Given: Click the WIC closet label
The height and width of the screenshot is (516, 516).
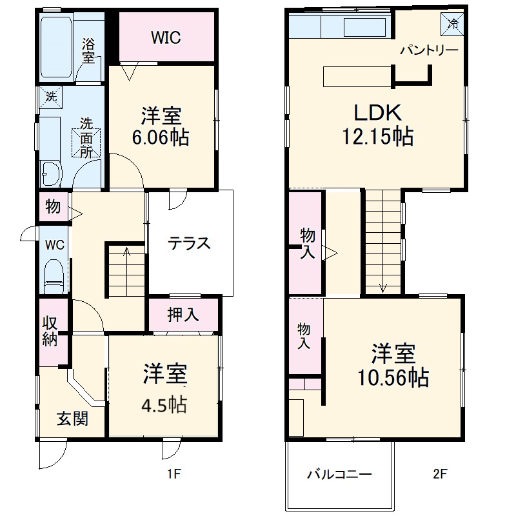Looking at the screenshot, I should click(x=166, y=37).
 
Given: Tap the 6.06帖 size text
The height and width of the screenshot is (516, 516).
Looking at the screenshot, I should click(x=161, y=137).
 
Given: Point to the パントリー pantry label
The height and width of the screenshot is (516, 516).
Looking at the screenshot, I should click(x=429, y=50).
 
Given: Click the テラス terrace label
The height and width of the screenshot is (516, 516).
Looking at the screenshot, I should click(x=189, y=244).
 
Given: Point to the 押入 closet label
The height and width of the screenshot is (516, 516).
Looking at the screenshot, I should click(x=183, y=315).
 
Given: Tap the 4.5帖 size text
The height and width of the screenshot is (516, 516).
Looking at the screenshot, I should click(x=164, y=404).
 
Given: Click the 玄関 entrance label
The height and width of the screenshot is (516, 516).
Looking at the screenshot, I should click(x=72, y=419).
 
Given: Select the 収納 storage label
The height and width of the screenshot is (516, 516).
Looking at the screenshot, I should click(x=50, y=332).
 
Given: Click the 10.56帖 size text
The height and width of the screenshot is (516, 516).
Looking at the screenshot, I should click(x=393, y=378).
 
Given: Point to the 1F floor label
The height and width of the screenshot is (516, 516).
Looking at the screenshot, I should click(x=173, y=475).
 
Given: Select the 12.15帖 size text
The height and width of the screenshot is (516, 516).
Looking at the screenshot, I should click(x=377, y=137).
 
